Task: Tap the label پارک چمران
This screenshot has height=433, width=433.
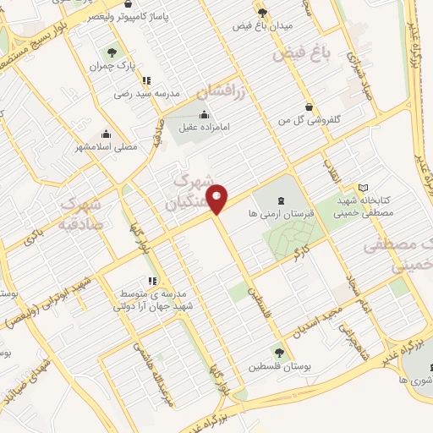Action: [x=116, y=64]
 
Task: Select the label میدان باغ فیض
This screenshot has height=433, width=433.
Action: [x=262, y=26]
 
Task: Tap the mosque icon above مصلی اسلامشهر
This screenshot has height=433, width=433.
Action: [x=106, y=132]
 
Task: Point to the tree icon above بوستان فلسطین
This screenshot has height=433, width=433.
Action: [x=278, y=352]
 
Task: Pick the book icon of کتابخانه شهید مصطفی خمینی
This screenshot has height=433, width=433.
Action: [x=364, y=187]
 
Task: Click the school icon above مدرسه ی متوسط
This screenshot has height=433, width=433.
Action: [x=152, y=280]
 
